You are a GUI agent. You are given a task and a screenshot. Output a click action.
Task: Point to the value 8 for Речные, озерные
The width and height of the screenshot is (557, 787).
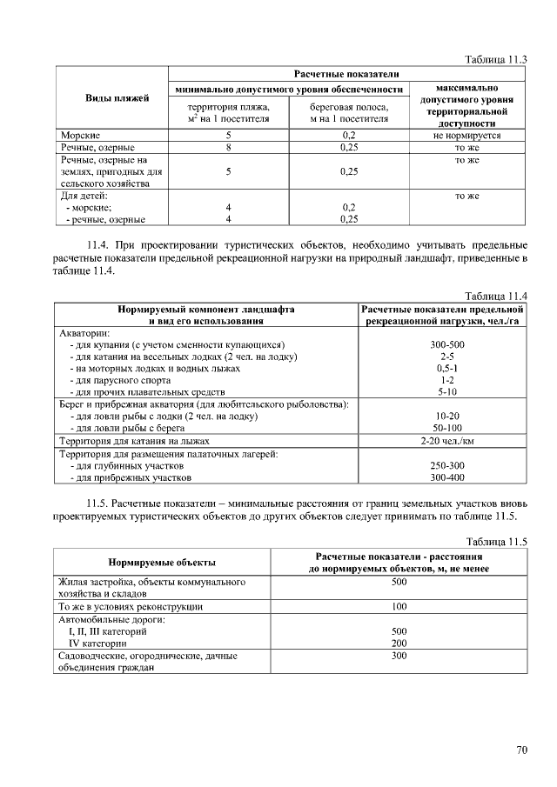pos(228,148)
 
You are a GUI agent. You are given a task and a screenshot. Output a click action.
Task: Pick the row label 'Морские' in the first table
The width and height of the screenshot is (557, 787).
pos(80,137)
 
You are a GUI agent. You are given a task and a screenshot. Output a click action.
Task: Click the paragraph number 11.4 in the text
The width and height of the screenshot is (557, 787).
pos(99,244)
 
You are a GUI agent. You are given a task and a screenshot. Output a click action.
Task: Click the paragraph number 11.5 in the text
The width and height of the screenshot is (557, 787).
pos(99,504)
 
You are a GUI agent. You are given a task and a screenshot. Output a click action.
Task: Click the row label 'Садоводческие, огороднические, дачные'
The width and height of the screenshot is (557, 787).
pos(147,656)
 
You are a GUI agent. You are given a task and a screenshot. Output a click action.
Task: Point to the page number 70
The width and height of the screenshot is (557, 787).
pos(521,750)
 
